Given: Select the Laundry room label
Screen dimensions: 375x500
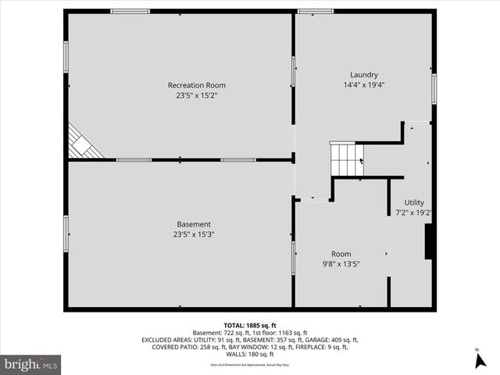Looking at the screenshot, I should [364, 75].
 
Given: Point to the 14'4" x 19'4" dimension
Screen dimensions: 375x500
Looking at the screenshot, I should [364, 84].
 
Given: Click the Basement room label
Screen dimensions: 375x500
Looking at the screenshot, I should [193, 224].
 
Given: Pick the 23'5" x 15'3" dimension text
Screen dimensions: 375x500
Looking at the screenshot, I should [193, 234].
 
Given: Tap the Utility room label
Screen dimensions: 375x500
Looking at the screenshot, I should [414, 202].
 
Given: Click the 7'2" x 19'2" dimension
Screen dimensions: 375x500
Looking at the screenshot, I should [414, 212].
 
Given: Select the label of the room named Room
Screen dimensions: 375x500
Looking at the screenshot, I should [341, 254].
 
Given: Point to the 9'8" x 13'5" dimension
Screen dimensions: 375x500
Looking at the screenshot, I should [341, 263].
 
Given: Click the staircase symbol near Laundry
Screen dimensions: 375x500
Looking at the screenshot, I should [345, 160].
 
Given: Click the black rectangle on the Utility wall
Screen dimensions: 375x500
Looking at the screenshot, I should [428, 241].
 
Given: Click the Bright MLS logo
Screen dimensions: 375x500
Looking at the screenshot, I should [31, 364].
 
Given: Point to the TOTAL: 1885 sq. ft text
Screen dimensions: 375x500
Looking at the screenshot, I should [250, 326].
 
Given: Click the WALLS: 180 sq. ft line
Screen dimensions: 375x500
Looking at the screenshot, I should [250, 354].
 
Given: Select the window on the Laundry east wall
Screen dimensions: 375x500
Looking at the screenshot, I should [434, 88].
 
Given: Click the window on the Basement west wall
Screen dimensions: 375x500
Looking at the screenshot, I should [66, 234].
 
